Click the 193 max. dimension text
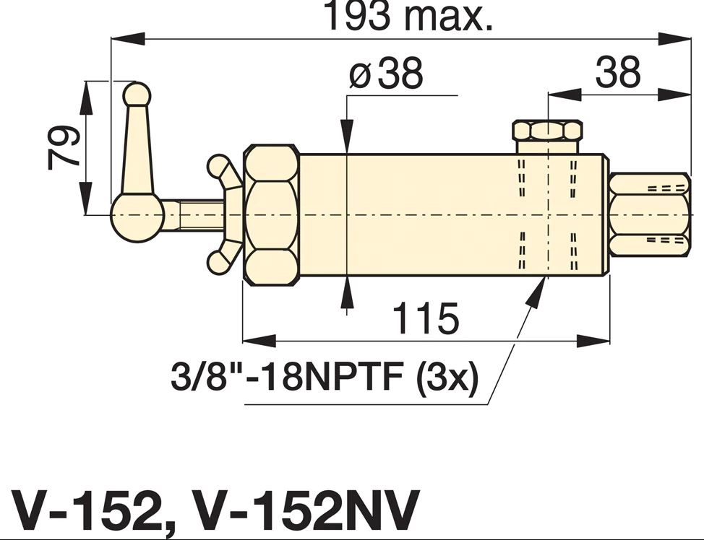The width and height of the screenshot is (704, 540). (408, 16)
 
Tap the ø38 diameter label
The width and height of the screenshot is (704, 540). (386, 73)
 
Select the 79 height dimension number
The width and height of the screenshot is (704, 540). (64, 147)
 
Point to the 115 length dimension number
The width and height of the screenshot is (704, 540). (426, 318)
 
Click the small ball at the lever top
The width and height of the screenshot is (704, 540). (137, 95)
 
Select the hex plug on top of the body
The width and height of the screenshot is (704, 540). (548, 136)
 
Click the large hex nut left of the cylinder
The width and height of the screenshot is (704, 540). (272, 214)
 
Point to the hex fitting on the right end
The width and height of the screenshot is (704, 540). (650, 214)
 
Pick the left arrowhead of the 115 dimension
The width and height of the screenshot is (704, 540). (259, 341)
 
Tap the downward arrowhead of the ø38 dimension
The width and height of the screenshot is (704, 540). (347, 135)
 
